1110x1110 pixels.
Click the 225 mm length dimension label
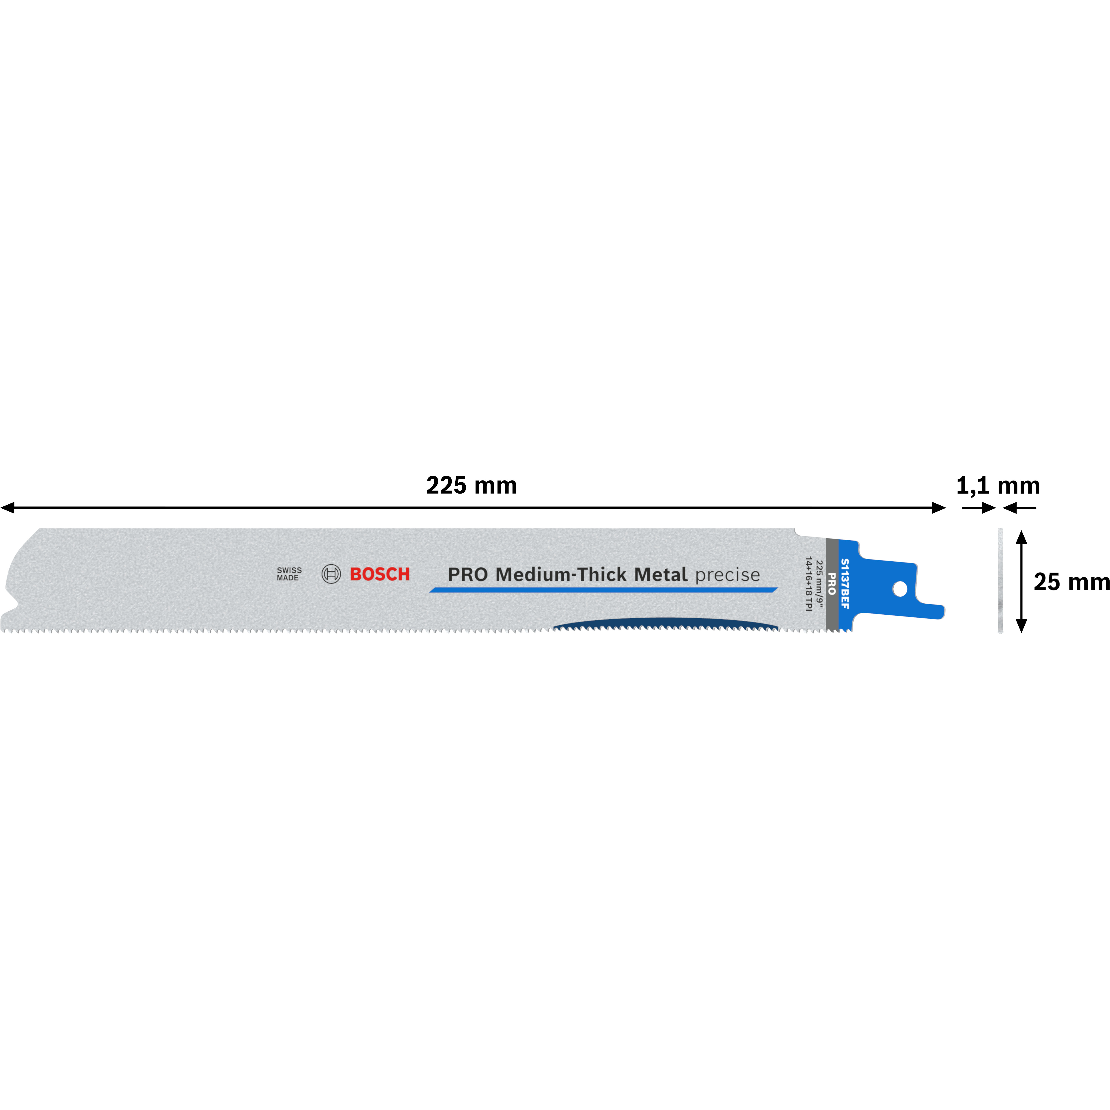click(472, 486)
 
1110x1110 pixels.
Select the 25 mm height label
click(1072, 582)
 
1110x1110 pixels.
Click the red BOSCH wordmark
click(380, 574)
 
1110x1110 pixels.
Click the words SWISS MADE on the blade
click(289, 574)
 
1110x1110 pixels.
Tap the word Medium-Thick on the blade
click(561, 574)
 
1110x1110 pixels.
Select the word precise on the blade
click(727, 575)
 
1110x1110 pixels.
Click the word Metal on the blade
click(661, 574)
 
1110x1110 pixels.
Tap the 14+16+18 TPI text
click(808, 584)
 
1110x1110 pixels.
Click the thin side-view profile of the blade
click(1000, 581)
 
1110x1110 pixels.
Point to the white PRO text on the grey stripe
click(831, 584)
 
